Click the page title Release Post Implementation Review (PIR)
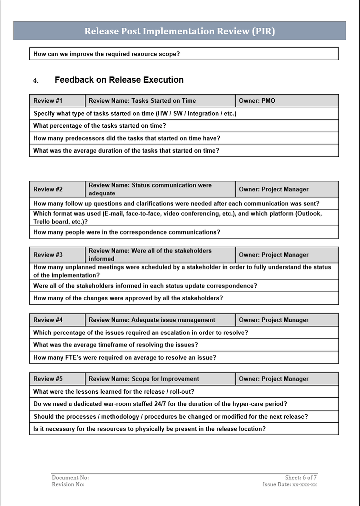pos(179,31)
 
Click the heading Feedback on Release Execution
pos(119,80)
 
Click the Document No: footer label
pos(70,478)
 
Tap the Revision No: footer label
pos(68,484)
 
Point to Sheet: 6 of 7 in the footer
pos(301,478)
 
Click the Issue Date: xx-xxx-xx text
pos(290,484)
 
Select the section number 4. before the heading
pos(35,80)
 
